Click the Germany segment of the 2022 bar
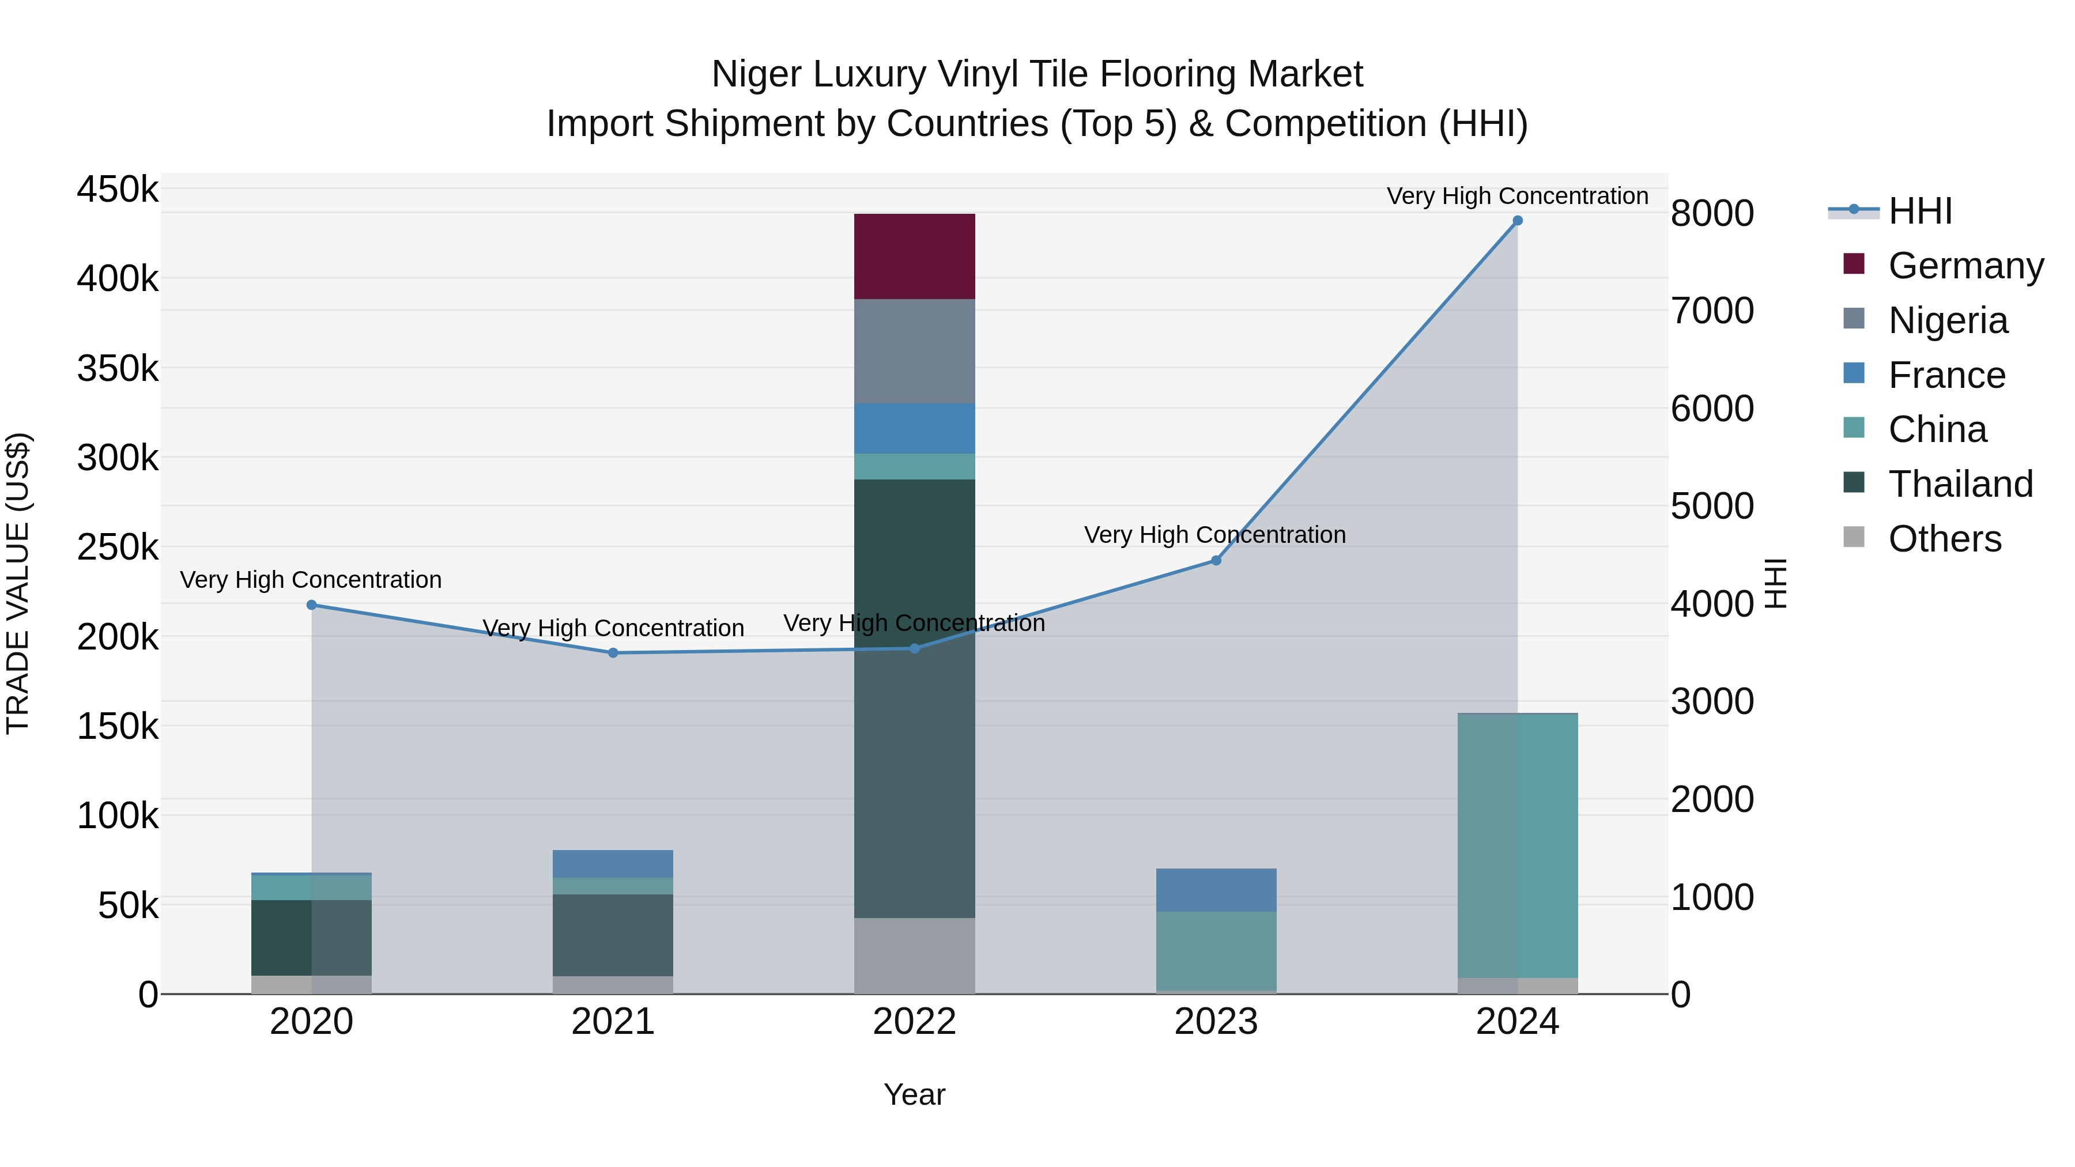(914, 256)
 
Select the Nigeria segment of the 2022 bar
(914, 351)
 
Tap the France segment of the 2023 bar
(1216, 890)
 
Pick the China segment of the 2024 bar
(1518, 845)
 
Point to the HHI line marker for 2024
(1518, 221)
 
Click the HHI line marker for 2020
(312, 605)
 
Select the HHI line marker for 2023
(1216, 561)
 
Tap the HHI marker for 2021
(613, 653)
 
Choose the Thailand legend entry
(1960, 484)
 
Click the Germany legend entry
(1965, 266)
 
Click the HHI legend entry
(1919, 211)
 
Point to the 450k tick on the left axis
(118, 190)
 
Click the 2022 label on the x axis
(914, 1022)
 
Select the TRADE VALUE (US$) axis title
(18, 583)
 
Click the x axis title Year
(914, 1094)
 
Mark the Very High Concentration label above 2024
(1518, 196)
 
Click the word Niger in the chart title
(757, 74)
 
